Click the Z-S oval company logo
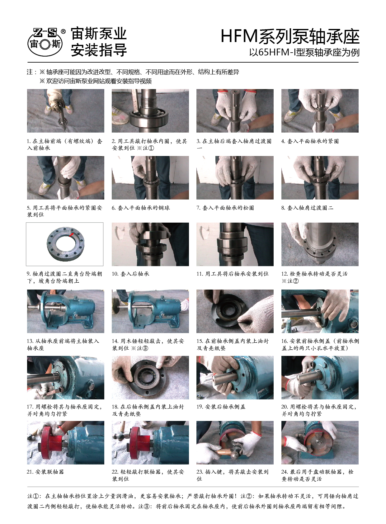click(45, 42)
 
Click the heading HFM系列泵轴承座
click(290, 37)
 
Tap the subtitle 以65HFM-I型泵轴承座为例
click(304, 52)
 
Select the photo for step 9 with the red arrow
click(64, 244)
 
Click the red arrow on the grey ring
click(72, 234)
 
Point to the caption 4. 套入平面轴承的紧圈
click(310, 141)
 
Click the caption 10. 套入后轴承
click(130, 274)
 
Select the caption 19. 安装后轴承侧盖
click(221, 407)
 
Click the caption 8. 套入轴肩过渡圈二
click(307, 208)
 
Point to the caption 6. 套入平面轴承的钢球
click(141, 208)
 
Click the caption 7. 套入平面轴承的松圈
click(225, 208)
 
